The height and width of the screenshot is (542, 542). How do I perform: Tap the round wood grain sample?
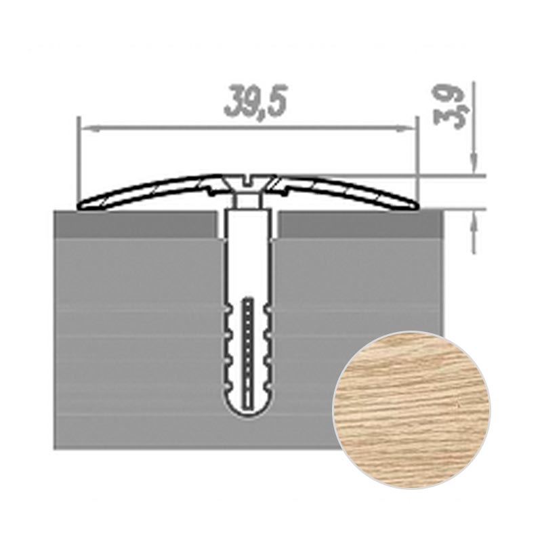[x=411, y=410]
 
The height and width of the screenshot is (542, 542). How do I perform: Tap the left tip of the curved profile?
[x=79, y=207]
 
